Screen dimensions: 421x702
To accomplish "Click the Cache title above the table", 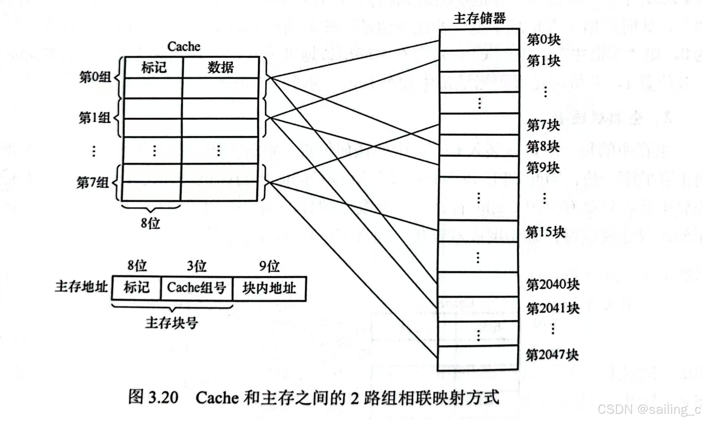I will click(184, 46).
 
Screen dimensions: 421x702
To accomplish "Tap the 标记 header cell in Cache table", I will click(154, 67).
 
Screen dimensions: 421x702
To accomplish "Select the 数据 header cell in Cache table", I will click(221, 67).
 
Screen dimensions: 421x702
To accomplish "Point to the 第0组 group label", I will click(95, 77).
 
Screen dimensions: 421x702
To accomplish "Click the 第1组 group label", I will click(95, 117).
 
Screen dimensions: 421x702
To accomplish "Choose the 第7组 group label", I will click(93, 182).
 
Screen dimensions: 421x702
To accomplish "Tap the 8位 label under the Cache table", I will click(150, 223).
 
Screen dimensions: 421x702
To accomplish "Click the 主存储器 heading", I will click(479, 18).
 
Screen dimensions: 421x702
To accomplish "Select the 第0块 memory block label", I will click(544, 40).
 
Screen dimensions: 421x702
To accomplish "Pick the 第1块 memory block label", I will click(544, 61).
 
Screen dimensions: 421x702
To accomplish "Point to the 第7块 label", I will click(543, 125).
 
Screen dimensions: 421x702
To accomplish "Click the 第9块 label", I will click(543, 168).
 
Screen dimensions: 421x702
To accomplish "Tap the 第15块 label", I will click(545, 232).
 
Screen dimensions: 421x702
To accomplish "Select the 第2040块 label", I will click(553, 285).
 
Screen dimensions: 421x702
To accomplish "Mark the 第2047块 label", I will click(552, 355).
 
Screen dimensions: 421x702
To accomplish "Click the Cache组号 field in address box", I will click(197, 288).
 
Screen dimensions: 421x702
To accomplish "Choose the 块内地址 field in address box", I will click(269, 288).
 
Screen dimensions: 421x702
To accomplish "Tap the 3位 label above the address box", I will click(197, 266).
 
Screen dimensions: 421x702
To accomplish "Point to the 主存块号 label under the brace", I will click(172, 323).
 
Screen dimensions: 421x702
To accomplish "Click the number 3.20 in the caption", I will click(163, 397).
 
